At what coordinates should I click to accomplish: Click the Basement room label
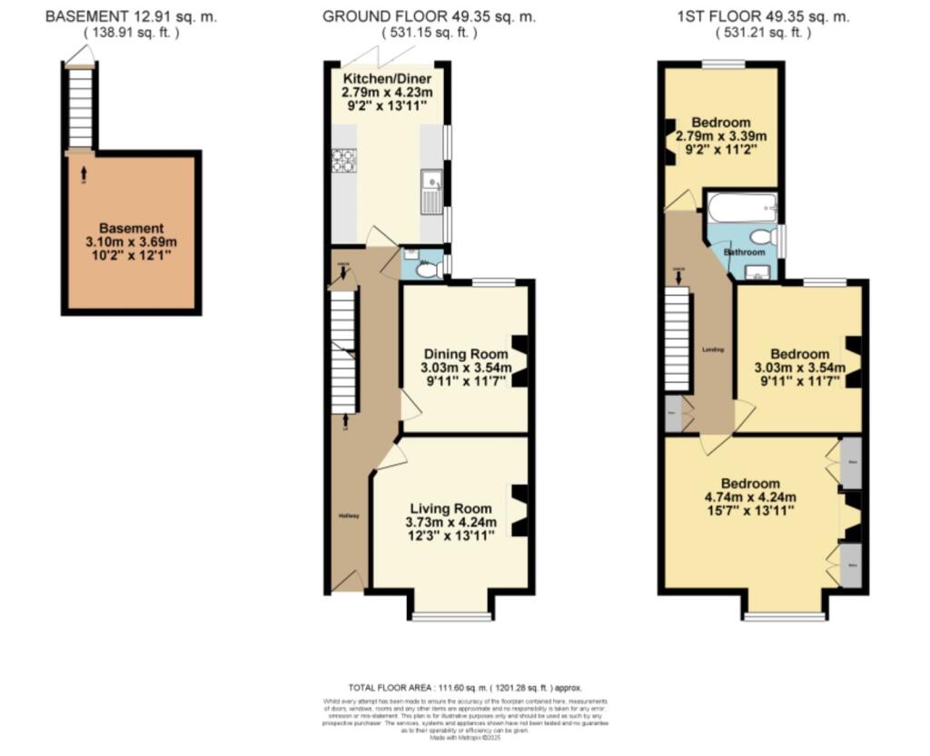coord(132,229)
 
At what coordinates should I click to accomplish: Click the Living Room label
coord(450,509)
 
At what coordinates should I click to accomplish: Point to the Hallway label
coord(349,515)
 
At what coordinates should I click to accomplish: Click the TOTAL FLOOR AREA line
coord(464,687)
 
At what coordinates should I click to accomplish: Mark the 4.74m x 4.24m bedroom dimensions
coord(751,496)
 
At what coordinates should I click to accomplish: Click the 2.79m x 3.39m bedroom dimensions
coord(721,137)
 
